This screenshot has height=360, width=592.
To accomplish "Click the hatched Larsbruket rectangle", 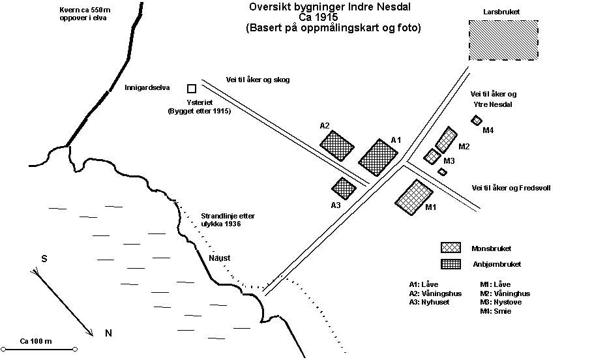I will click(x=505, y=40).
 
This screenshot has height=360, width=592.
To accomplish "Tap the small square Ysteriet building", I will click(x=192, y=88).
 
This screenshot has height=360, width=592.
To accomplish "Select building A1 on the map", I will click(x=378, y=157).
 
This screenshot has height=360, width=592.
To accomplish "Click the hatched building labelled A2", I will click(x=338, y=145).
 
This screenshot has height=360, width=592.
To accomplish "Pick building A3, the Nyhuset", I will click(x=344, y=188).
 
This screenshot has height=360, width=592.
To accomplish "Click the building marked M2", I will click(x=446, y=140).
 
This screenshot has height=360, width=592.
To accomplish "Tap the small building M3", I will click(x=432, y=157).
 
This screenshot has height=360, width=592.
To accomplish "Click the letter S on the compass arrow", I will click(x=44, y=258).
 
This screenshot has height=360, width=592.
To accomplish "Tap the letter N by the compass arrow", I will click(x=108, y=333).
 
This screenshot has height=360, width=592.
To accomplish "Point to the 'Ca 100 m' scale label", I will click(x=36, y=341).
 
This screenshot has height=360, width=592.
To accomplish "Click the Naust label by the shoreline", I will click(x=219, y=258).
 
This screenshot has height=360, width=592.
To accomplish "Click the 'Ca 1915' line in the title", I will click(x=333, y=18).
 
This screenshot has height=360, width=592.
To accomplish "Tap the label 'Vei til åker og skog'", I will click(x=258, y=80).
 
